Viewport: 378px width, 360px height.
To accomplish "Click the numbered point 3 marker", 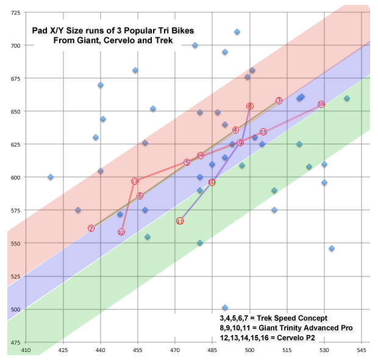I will (279, 101).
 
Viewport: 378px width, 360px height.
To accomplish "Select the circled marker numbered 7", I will (91, 228).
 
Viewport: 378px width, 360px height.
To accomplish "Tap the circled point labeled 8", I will (250, 106).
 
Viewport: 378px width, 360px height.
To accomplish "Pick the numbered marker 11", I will (180, 221).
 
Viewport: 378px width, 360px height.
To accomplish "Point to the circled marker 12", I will (121, 232).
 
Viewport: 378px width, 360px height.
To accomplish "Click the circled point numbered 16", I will (321, 104).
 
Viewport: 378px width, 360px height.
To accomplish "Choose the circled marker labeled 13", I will (135, 181).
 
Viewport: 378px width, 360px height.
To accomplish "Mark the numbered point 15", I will (263, 132).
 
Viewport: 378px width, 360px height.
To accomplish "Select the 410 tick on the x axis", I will (26, 351).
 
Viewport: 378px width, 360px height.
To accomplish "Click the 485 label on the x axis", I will (212, 351).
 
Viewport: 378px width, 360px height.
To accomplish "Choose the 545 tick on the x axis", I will (362, 351).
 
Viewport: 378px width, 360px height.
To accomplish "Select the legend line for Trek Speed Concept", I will (274, 319).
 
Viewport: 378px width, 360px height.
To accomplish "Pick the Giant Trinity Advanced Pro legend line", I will (294, 328).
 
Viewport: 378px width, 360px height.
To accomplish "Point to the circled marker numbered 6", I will (140, 196).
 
